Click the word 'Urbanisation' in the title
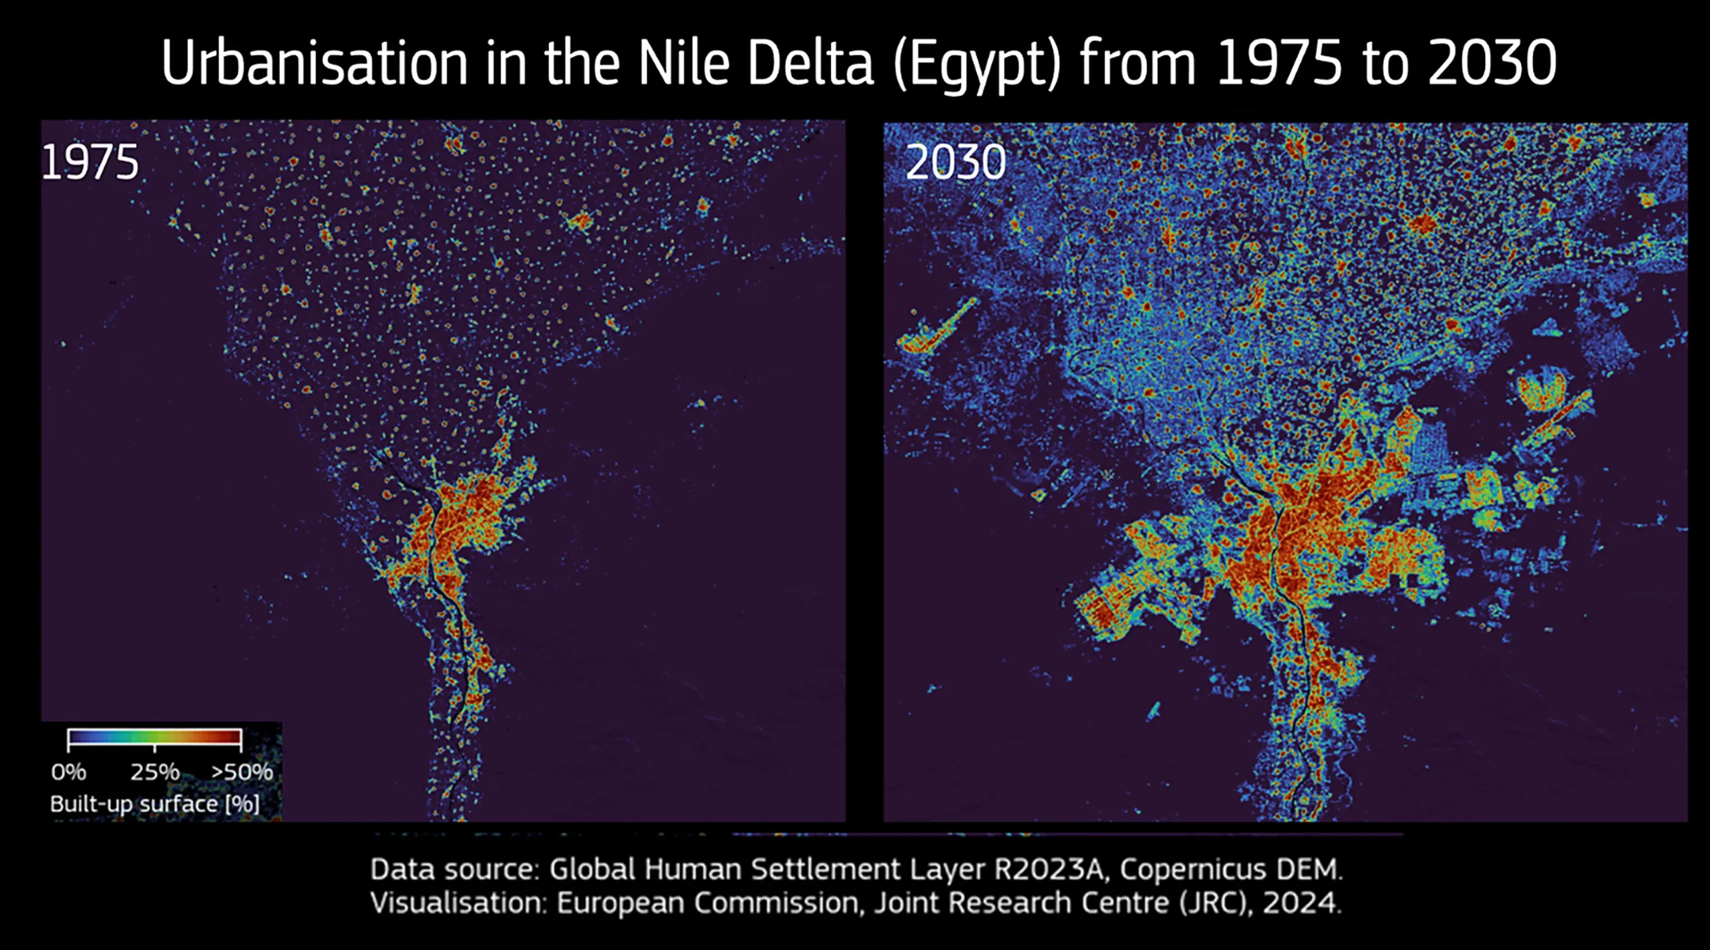314,63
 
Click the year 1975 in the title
1278,63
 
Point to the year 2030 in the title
1492,63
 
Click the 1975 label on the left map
90,163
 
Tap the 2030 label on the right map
955,163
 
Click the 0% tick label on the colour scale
68,772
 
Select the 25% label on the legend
154,772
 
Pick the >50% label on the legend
242,772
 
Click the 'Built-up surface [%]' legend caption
154,804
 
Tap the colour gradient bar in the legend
154,737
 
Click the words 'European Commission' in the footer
707,903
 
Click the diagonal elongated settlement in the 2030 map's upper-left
935,327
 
